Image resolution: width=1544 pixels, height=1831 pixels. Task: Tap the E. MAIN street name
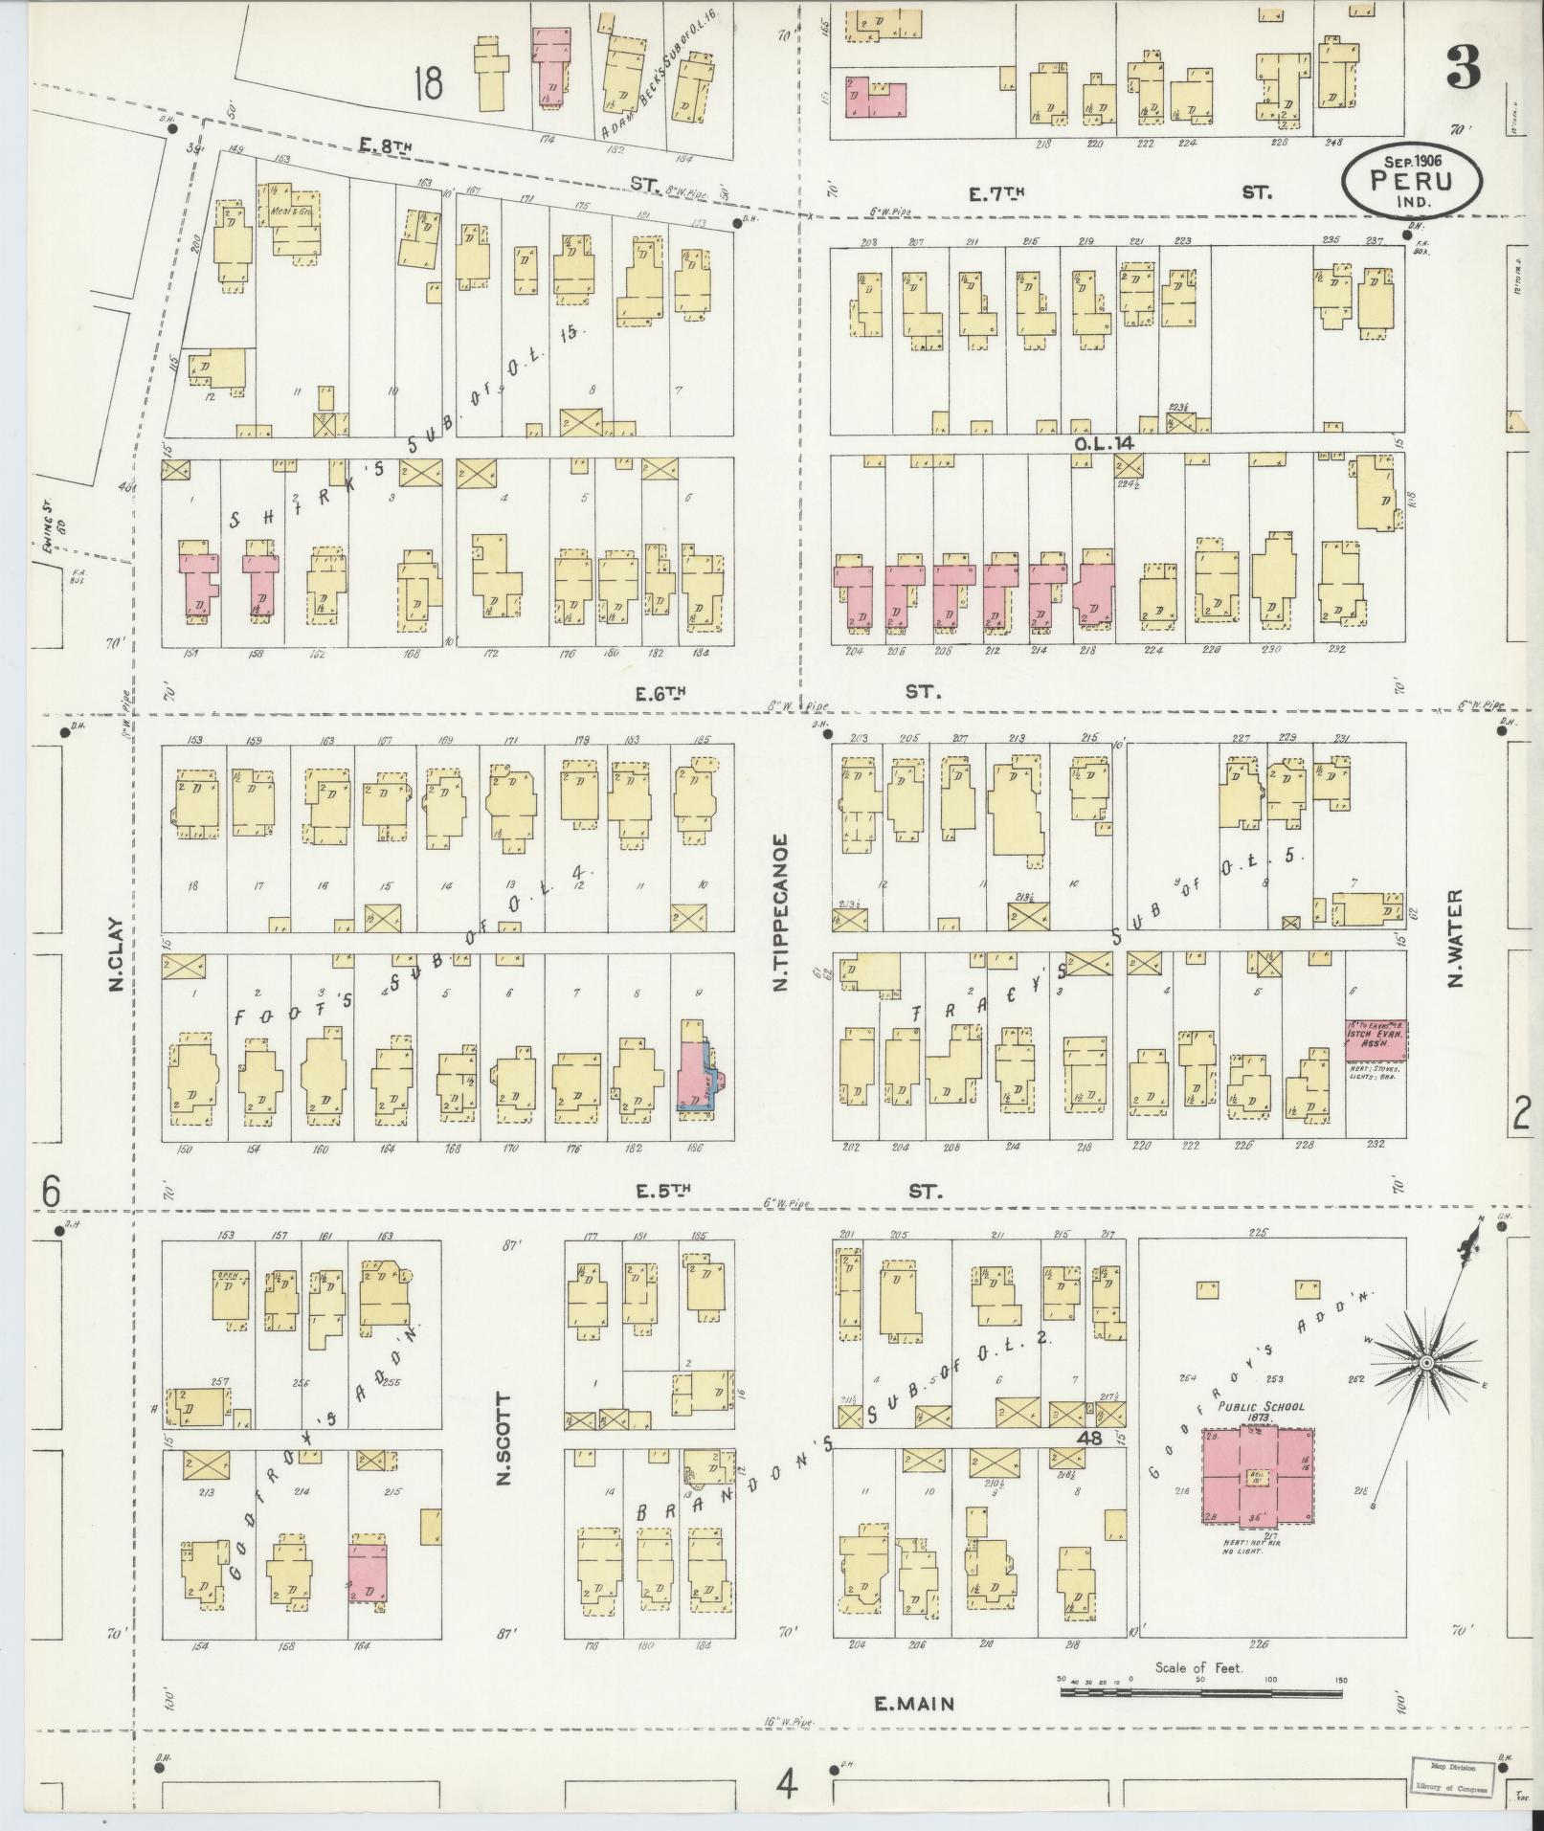click(914, 1702)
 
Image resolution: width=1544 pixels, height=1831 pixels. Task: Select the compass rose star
click(1425, 1362)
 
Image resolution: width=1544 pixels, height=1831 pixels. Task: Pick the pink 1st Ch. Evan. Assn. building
click(1376, 1038)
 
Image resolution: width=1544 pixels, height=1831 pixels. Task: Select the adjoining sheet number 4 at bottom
click(787, 1783)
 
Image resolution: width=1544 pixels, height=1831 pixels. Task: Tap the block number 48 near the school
click(1089, 1439)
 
